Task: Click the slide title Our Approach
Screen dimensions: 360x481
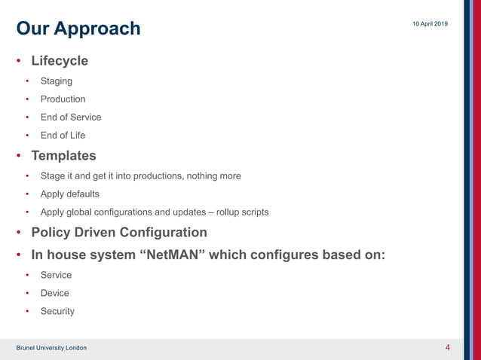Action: point(78,29)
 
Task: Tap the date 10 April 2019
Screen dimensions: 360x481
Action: point(430,25)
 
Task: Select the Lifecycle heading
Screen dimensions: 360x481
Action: point(59,60)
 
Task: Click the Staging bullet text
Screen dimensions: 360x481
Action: point(57,81)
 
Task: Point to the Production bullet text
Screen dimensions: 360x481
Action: point(63,99)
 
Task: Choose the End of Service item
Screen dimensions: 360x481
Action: point(71,117)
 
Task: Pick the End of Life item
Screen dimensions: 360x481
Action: point(63,136)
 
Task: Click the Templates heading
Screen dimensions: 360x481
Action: point(63,156)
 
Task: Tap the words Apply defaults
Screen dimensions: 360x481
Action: point(69,194)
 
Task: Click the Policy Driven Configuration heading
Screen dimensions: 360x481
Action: point(118,233)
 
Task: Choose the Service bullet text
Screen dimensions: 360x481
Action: point(56,275)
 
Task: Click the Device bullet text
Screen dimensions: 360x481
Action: point(54,293)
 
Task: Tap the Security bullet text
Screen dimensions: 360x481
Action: point(57,311)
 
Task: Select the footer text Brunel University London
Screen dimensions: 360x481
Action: point(51,348)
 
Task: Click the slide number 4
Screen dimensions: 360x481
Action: point(448,347)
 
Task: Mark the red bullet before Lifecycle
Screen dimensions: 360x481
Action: point(20,61)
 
